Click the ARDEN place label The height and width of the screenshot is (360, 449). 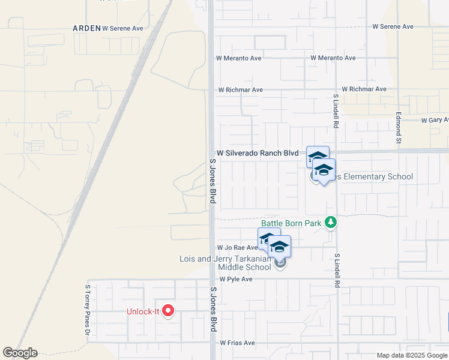[86, 28]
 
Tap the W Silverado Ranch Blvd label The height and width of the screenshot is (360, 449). [258, 154]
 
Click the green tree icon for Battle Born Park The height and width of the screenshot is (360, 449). [330, 223]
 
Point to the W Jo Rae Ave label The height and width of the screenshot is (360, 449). [237, 247]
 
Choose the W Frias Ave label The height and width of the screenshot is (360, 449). [237, 343]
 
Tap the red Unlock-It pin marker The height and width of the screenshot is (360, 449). [169, 311]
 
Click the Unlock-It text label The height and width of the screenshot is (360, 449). [143, 311]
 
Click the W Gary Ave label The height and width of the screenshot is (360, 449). [435, 121]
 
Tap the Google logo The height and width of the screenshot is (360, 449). [20, 353]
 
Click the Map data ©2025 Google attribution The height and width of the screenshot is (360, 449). [412, 355]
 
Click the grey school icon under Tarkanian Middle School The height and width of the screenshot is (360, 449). [280, 262]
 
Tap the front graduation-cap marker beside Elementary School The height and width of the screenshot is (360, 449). [324, 170]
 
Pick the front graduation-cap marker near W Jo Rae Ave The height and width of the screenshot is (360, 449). [279, 247]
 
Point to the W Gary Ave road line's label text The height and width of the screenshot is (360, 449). [435, 121]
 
